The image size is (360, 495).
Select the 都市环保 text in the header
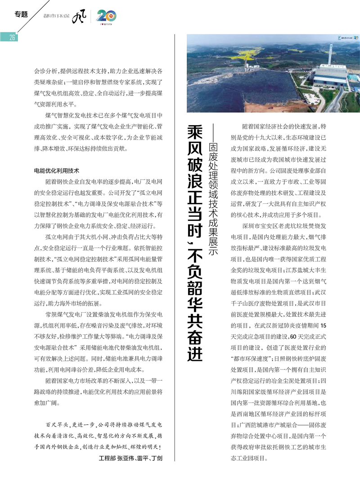coord(56,16)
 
